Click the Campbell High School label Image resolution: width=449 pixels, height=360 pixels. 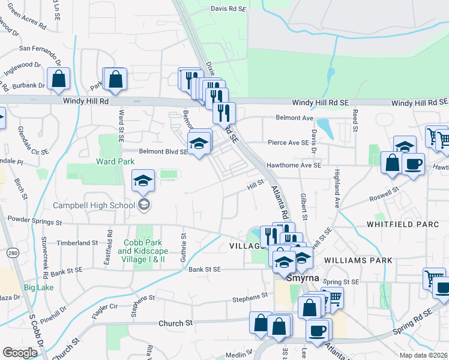(x=94, y=205)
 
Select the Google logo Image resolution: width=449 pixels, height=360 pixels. (x=20, y=352)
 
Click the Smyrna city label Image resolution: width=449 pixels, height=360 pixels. (x=291, y=280)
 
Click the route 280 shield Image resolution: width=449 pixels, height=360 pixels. (x=11, y=254)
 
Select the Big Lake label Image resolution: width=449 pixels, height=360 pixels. (x=38, y=287)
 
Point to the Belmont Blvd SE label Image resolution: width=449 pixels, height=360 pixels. (x=163, y=152)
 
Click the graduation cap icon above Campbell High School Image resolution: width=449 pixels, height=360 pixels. (x=143, y=181)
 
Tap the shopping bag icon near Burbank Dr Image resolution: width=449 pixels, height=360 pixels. (x=58, y=79)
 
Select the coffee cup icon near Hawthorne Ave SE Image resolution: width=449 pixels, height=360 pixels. (x=413, y=164)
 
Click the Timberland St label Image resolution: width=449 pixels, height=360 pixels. (x=77, y=242)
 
